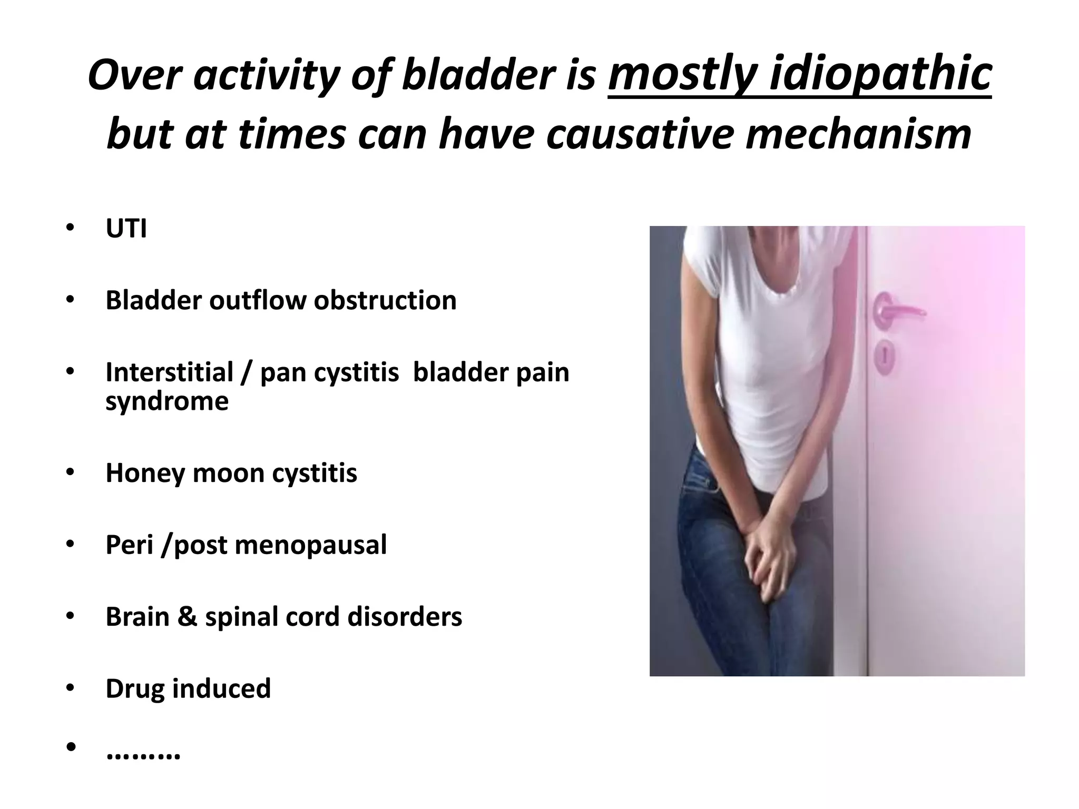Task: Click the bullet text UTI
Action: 126,229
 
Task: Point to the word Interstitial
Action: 169,372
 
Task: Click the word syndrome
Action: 167,401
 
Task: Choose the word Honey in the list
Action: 144,473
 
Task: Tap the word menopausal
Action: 310,545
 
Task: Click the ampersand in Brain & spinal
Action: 187,616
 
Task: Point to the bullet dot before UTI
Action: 71,229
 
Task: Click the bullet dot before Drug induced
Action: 71,688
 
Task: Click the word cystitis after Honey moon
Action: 315,473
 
